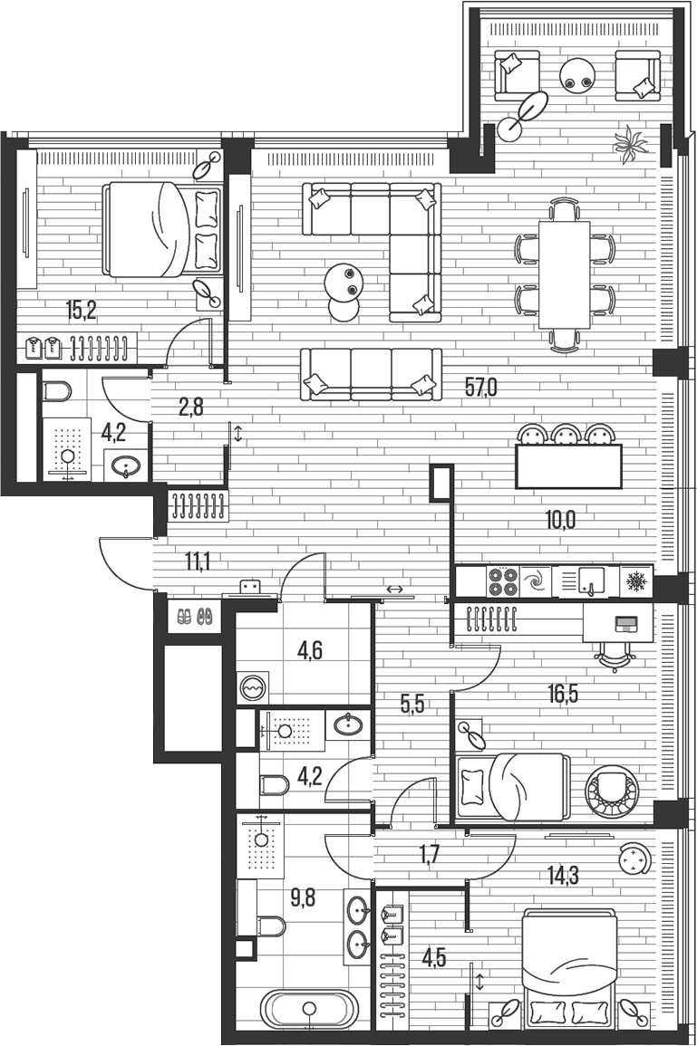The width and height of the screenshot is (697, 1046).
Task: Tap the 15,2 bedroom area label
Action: coord(82,310)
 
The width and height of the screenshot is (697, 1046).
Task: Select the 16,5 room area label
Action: coord(562,693)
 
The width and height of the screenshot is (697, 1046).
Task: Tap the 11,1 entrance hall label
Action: coord(198,561)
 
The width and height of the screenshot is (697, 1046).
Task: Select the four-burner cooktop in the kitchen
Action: coord(503,581)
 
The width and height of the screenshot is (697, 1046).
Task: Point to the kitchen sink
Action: coord(590,581)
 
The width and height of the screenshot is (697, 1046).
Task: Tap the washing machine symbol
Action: coord(253,687)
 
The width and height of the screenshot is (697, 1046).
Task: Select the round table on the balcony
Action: coord(577,74)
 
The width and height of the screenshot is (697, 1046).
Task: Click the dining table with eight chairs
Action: coord(564,274)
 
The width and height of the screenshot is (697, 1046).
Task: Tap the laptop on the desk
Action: coord(625,624)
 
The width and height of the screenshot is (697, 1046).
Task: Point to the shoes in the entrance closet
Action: coord(195,616)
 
